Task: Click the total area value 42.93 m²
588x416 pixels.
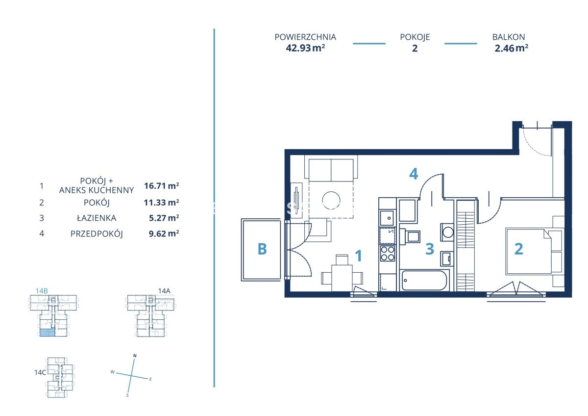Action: [305, 48]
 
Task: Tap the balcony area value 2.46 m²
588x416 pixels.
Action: [512, 48]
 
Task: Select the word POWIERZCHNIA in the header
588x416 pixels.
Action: [305, 37]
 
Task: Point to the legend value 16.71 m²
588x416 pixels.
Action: [161, 186]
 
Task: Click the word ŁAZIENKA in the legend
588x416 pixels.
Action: [97, 218]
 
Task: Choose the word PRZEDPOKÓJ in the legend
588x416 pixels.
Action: [97, 234]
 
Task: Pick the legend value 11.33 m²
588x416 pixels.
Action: [161, 202]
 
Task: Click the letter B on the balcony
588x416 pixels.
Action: [262, 249]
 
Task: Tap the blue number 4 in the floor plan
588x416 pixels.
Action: [414, 174]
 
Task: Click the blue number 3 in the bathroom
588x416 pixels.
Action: [430, 249]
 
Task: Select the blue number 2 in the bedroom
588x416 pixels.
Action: [519, 249]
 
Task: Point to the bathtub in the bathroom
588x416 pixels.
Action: [424, 280]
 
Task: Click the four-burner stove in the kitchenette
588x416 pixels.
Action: [388, 253]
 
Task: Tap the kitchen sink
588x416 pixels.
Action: [387, 218]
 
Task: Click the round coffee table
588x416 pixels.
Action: [331, 200]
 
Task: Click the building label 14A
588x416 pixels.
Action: [164, 290]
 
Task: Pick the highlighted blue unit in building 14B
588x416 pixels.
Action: [47, 333]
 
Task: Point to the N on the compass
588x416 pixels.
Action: [135, 356]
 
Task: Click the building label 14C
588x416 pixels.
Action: [40, 372]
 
